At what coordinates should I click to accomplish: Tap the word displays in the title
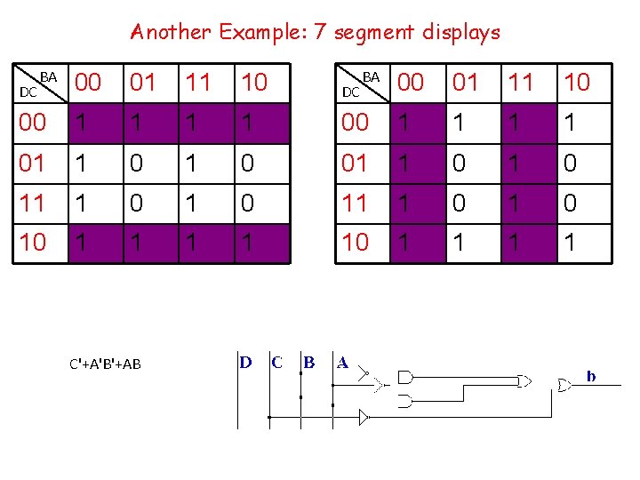point(452,33)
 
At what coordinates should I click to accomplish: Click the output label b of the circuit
point(590,378)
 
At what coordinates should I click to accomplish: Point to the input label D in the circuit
point(245,363)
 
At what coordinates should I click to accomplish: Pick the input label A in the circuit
point(342,363)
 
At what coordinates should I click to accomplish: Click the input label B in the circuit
point(309,363)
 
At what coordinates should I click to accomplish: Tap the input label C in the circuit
point(277,363)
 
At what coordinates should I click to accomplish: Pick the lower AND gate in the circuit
point(406,401)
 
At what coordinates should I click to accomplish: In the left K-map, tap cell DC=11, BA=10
point(254,204)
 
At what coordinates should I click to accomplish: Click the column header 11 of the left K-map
point(197,83)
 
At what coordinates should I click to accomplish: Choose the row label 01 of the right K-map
point(355,164)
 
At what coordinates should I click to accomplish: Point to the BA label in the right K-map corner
point(372,77)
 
